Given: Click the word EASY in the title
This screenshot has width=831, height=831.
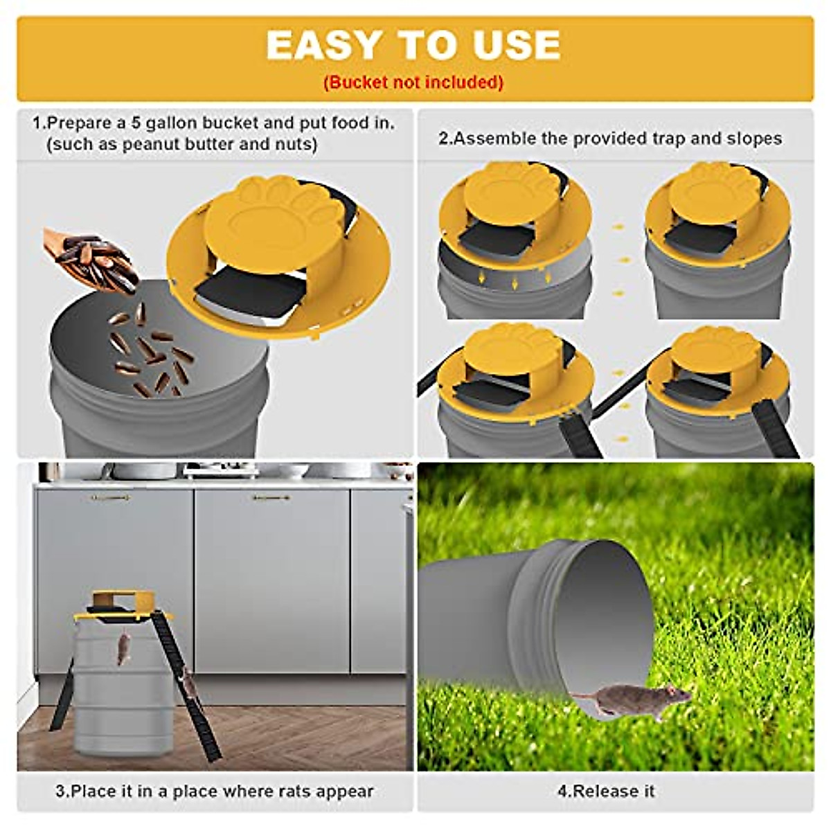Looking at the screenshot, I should [x=323, y=46].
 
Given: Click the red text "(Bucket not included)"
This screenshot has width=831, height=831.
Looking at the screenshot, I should [x=413, y=82].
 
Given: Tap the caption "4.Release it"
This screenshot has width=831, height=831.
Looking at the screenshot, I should [x=607, y=791].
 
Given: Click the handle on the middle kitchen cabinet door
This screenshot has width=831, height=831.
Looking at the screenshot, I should [x=271, y=497].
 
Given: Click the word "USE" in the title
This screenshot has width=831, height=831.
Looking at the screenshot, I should [x=517, y=46].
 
